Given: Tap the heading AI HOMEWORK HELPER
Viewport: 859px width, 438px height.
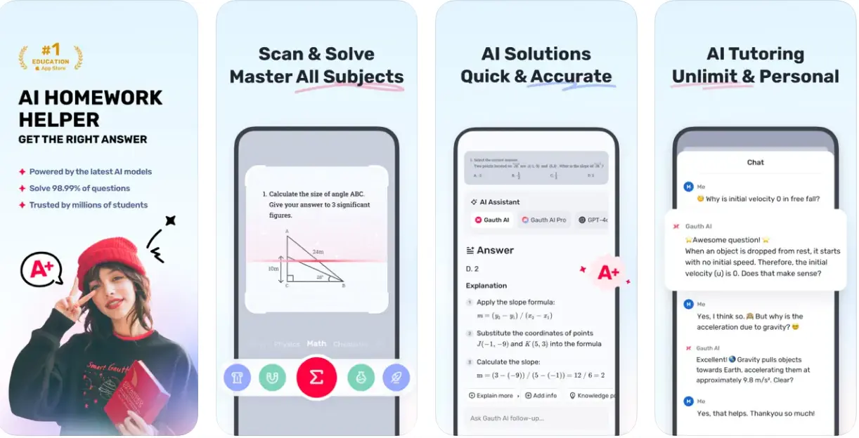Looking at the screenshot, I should click(x=90, y=108).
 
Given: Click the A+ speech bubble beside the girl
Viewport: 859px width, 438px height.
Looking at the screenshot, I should click(x=40, y=270).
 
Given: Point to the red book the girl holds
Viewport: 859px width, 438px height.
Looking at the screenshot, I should click(x=136, y=392).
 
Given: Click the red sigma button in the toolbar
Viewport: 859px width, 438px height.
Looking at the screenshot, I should click(x=316, y=378).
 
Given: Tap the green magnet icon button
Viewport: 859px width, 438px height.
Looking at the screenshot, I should click(x=272, y=378).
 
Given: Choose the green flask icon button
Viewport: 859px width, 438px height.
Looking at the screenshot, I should click(x=361, y=378).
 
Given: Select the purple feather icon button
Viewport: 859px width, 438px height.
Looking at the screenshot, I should click(x=396, y=378).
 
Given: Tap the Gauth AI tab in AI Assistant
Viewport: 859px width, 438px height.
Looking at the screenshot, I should click(x=492, y=220).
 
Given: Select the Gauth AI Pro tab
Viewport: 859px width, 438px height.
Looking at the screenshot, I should click(x=543, y=220).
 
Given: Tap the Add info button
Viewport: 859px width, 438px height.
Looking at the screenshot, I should click(x=541, y=396).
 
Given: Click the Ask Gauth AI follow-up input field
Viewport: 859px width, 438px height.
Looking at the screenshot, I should click(x=534, y=418).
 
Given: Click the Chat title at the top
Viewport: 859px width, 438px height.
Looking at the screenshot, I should click(x=755, y=162).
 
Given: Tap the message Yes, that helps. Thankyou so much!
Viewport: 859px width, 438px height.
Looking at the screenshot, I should click(x=755, y=414).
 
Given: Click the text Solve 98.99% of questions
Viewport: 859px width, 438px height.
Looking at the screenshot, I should click(x=79, y=188).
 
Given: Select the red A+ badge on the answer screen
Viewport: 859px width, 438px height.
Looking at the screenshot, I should click(x=607, y=274).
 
